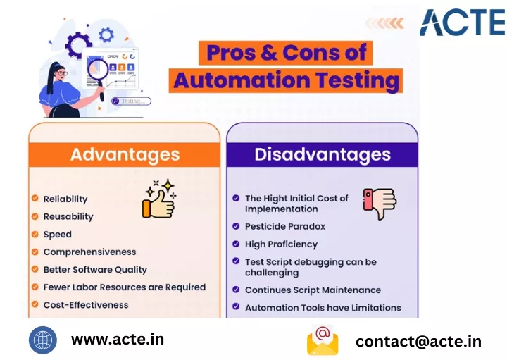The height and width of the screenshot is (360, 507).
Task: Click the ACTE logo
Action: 463,22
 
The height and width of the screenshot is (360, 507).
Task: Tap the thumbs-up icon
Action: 158,199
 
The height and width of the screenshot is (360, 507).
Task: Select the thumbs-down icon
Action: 380,204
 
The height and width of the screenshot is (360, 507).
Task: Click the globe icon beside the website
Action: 43,340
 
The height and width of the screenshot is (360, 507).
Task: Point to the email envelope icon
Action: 323,340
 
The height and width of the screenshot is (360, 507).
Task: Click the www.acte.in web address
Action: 118,340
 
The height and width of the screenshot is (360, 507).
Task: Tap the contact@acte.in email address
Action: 418,342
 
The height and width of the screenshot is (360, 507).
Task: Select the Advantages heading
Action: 125,154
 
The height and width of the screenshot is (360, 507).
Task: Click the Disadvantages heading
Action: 323,154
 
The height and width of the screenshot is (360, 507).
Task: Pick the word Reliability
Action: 65,199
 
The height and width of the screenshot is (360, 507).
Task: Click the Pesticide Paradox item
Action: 285,226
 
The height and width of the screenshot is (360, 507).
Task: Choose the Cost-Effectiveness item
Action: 86,304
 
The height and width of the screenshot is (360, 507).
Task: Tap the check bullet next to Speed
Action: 35,234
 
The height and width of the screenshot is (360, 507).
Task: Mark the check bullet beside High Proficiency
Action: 236,244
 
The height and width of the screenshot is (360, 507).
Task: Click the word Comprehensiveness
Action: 89,252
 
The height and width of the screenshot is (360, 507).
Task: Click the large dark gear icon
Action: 77,45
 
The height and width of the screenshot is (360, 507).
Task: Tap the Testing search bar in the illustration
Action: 131,101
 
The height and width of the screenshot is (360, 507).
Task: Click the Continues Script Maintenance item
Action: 313,290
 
